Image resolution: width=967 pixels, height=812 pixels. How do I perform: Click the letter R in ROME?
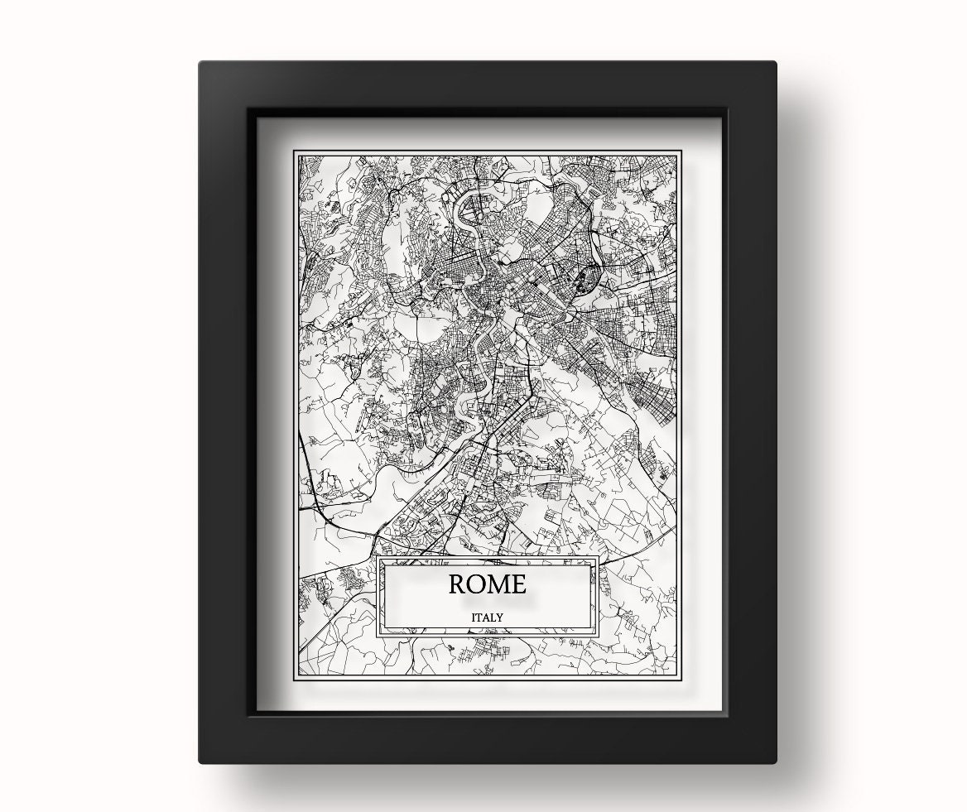(457, 584)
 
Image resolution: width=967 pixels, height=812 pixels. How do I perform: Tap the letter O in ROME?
(477, 584)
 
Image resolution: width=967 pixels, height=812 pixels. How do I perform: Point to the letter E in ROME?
(518, 584)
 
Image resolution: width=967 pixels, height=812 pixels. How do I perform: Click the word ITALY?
(488, 617)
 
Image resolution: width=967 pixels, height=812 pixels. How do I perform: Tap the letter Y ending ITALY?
(501, 617)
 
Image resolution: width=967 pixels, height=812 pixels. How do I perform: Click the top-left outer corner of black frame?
(200, 62)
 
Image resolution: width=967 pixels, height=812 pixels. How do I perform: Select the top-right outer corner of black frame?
(776, 62)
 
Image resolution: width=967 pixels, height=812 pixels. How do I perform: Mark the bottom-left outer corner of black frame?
(200, 762)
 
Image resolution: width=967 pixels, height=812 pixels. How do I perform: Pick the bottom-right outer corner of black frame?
(776, 762)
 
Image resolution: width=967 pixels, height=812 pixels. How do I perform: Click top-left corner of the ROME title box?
(378, 556)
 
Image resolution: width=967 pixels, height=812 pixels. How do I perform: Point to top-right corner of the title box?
(599, 556)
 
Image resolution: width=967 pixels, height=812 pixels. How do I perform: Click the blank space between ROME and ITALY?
(488, 603)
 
